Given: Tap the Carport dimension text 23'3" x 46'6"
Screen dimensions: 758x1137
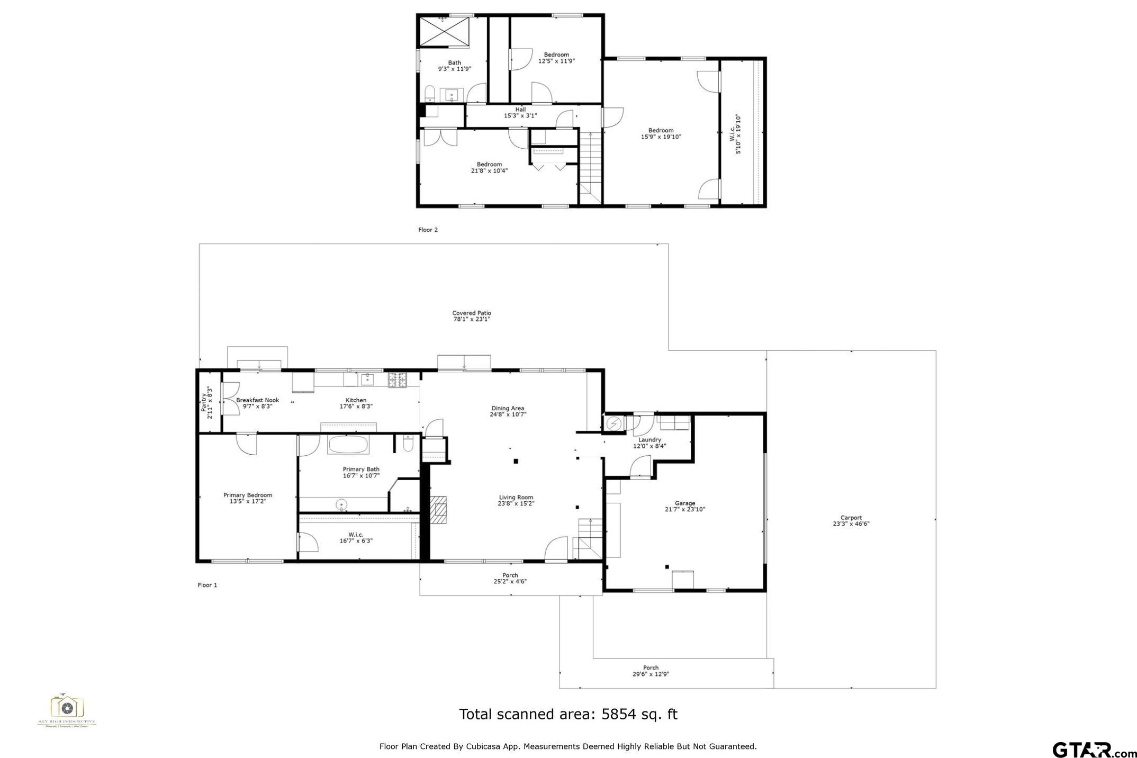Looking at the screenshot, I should [851, 524].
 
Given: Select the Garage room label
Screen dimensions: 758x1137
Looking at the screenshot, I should [684, 503].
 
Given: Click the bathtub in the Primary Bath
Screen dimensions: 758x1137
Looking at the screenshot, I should [348, 445].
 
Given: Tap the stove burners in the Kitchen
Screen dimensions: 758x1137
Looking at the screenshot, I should [398, 379].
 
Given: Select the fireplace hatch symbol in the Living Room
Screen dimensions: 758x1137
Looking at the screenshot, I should [438, 510].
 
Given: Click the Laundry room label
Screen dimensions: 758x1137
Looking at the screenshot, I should [649, 440].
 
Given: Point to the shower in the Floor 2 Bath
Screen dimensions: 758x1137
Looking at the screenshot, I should [445, 32].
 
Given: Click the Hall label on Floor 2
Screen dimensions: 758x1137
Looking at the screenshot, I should [520, 110].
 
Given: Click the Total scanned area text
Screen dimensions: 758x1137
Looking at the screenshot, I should [568, 715].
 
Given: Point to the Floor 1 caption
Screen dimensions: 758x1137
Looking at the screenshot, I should [207, 585].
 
